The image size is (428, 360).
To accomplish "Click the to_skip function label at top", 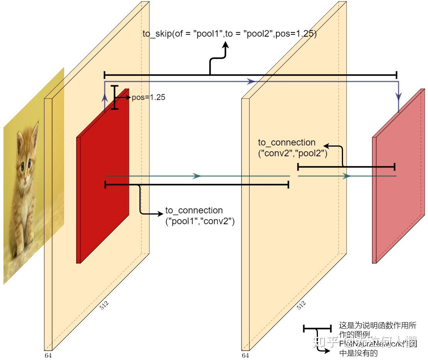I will (229, 34).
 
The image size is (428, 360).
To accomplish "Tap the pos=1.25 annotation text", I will (148, 98).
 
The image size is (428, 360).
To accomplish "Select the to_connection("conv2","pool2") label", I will (292, 148).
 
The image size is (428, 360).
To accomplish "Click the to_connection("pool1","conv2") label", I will (200, 216).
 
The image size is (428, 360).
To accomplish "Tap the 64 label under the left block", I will (48, 355).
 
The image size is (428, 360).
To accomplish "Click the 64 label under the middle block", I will (245, 355).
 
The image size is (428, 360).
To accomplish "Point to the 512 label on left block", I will (104, 306).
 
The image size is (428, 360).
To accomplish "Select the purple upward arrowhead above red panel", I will (105, 98).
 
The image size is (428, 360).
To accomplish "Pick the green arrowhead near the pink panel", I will (347, 176).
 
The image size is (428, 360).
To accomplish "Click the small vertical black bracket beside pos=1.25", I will (114, 98).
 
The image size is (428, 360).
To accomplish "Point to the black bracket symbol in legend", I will (317, 329).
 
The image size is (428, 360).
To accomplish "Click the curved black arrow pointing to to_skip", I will (217, 58).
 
